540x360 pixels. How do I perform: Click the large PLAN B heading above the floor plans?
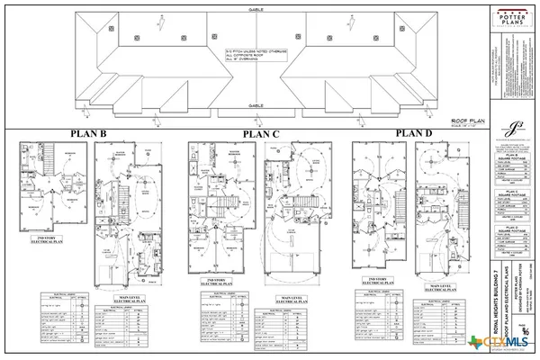point(90,135)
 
